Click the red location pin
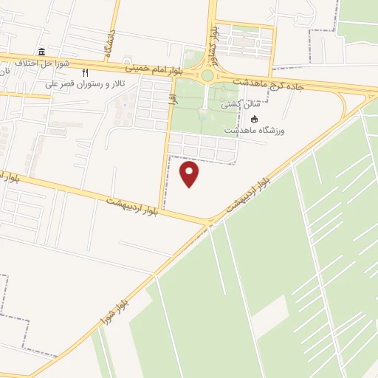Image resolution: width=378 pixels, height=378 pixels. point(190,173)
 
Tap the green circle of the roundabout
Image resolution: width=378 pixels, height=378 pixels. point(207,75)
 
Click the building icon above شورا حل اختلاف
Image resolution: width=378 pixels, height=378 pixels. point(41,52)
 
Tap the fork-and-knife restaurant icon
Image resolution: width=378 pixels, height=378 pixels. point(86,72)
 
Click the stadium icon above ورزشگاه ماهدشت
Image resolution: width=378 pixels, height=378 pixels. point(255,120)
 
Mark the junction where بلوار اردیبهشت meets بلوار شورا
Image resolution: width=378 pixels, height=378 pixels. point(209,221)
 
